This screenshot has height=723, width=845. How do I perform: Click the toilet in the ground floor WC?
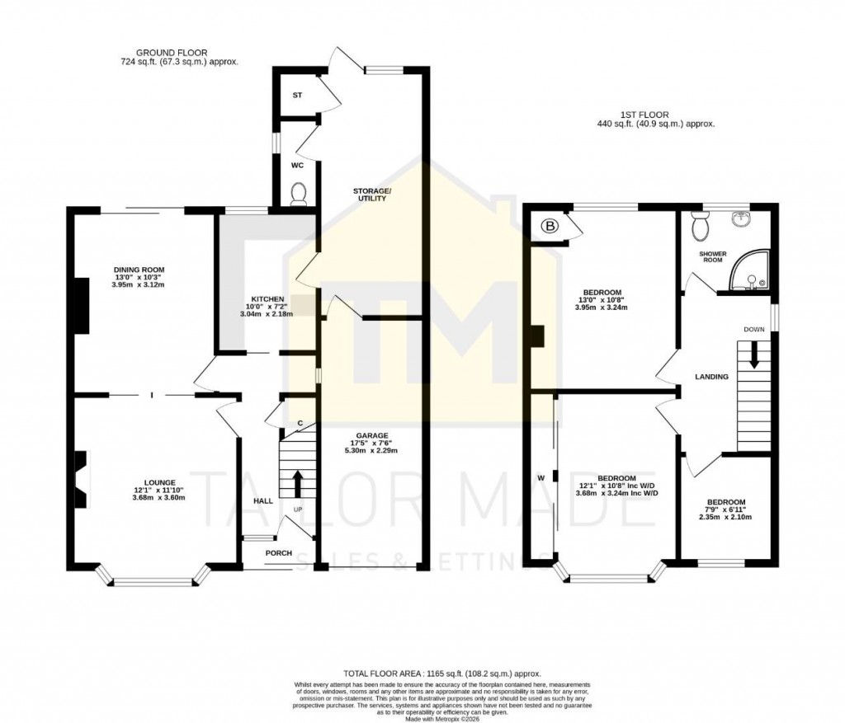coord(299,192)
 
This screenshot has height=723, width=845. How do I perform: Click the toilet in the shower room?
coord(702,221)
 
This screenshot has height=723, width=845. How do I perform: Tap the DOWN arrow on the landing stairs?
coord(754,355)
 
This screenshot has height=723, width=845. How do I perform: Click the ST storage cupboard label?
coord(297,96)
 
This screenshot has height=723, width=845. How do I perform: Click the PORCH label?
coord(278,552)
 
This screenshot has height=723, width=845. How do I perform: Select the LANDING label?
coord(711,377)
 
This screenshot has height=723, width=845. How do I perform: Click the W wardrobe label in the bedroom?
coord(541,477)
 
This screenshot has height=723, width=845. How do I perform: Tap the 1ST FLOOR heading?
coord(645,115)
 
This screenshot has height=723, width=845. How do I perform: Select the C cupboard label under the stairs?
coord(300,423)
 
